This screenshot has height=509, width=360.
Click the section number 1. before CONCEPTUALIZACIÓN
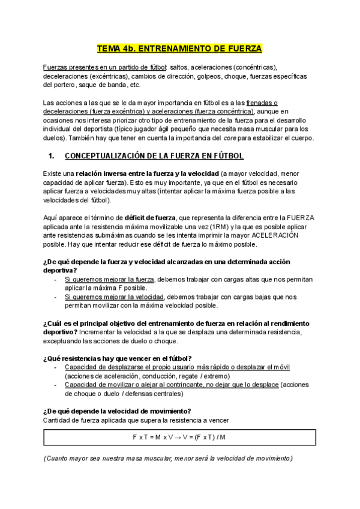[51, 156]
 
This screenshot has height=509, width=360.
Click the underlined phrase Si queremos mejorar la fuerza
[110, 279]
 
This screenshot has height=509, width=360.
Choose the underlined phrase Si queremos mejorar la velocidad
[115, 297]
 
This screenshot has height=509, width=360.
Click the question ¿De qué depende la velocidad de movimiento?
[117, 411]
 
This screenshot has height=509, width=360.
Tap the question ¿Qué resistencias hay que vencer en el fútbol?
[118, 358]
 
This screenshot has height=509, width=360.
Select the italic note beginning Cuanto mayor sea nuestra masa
[168, 459]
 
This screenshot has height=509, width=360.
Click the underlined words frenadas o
[261, 103]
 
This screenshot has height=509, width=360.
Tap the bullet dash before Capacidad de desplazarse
[56, 367]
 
